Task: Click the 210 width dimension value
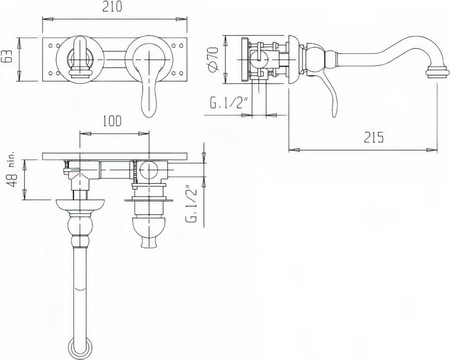click(112, 7)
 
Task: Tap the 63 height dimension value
click(7, 56)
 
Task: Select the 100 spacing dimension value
click(112, 121)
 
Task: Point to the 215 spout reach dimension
click(373, 137)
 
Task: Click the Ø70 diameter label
click(213, 59)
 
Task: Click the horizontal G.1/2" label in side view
click(230, 103)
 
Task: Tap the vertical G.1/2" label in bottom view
click(192, 204)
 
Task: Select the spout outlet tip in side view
click(434, 73)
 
